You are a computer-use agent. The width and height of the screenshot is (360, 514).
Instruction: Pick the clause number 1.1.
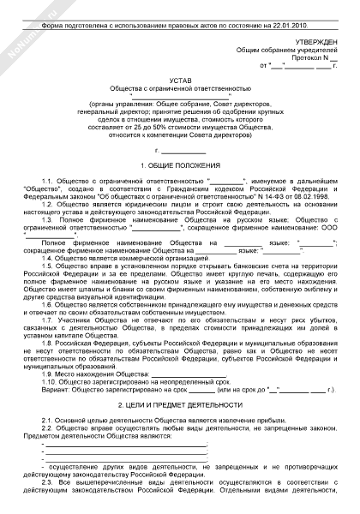[49, 182]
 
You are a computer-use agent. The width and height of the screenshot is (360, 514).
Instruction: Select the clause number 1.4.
[48, 257]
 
